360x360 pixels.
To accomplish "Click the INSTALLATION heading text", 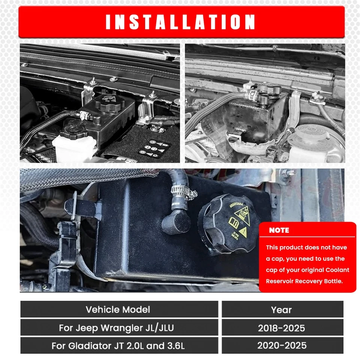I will point(180,22).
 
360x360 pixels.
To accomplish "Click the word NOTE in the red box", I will point(279,230).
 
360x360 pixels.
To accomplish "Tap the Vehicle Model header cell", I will point(118,309).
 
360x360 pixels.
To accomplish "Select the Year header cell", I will point(281,310).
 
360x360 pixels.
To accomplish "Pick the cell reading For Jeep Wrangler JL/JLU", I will point(116,328).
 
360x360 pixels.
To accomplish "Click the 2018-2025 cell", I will point(281,328).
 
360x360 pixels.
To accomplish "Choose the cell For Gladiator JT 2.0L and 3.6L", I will point(118,346).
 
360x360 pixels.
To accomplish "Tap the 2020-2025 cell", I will point(281,346).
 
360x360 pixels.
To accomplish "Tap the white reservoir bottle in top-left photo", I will point(75,148).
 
